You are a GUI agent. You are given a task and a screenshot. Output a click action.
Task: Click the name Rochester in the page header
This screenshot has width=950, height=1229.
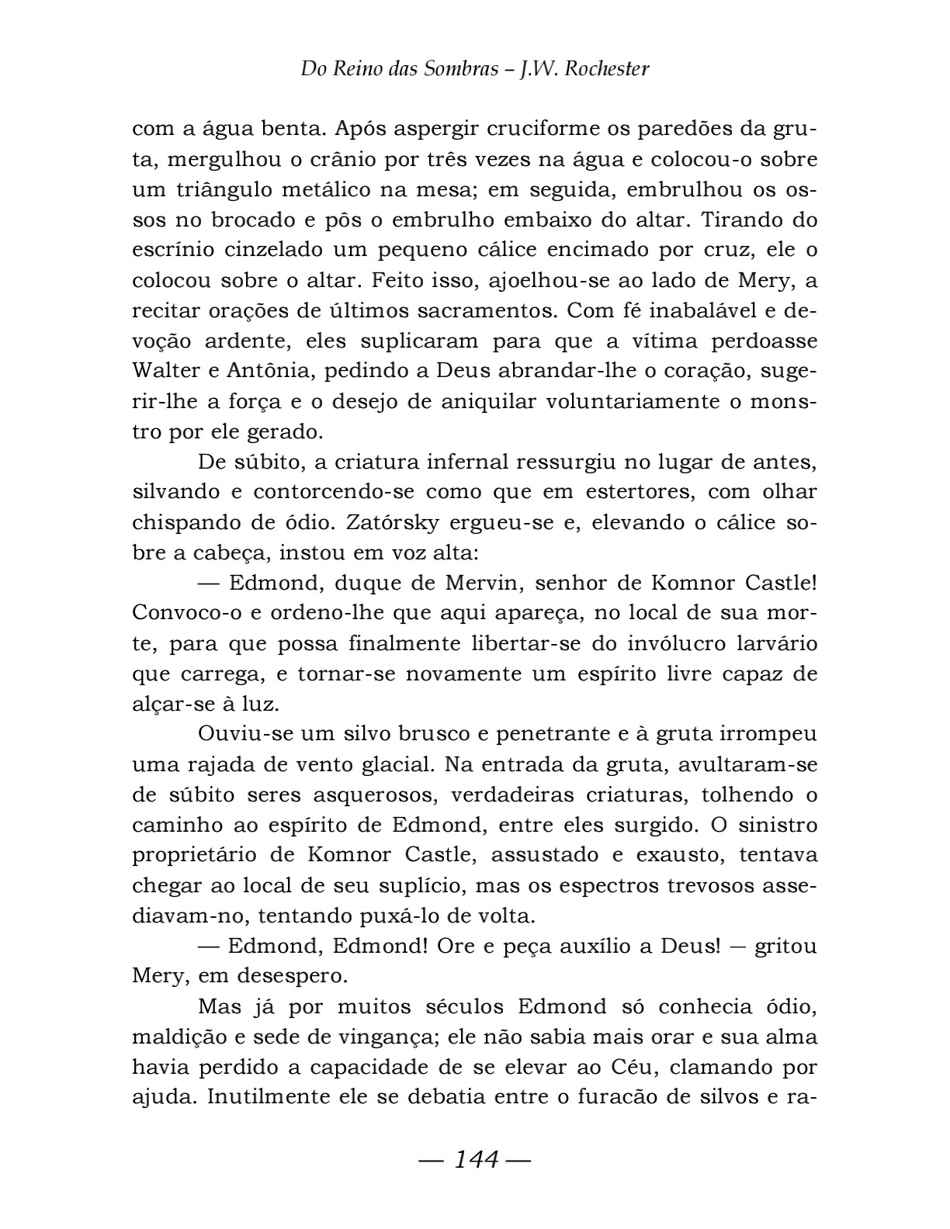[606, 69]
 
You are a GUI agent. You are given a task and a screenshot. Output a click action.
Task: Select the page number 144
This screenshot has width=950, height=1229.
[475, 1160]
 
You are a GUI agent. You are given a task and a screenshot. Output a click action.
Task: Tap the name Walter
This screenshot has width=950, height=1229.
[165, 372]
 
